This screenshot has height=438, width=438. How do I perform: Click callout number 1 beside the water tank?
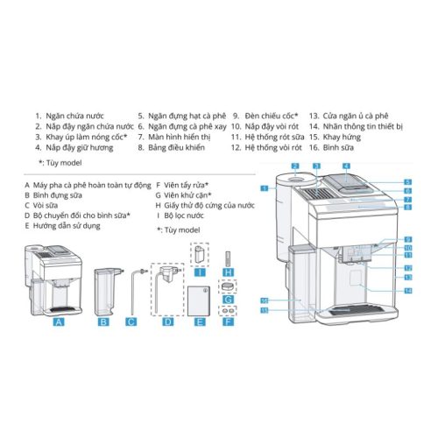click(x=264, y=188)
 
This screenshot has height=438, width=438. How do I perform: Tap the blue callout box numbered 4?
click(x=346, y=165)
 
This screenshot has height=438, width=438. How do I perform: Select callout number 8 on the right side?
click(x=408, y=211)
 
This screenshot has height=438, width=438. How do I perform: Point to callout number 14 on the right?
click(x=408, y=289)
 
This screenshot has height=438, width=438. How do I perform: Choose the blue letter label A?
click(x=59, y=321)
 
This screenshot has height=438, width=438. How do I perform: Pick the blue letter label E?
click(x=199, y=322)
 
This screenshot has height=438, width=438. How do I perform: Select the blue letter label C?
click(x=131, y=322)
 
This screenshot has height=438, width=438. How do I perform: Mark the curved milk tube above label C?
click(x=132, y=289)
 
